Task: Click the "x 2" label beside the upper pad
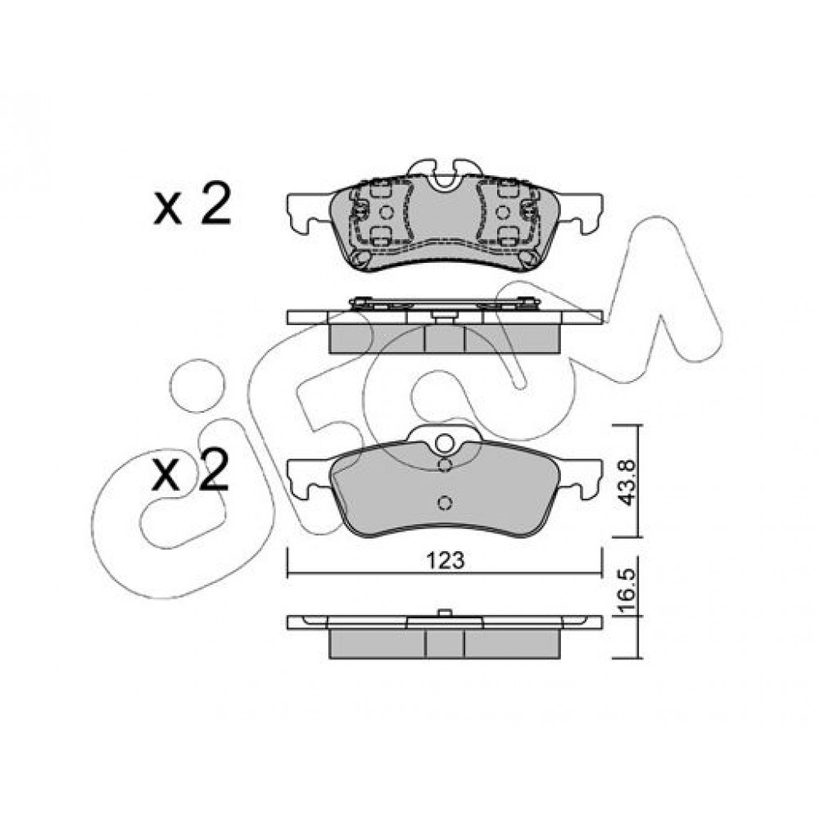[192, 204]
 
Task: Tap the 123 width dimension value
[445, 560]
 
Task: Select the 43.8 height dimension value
[627, 482]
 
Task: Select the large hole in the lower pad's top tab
[445, 443]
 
